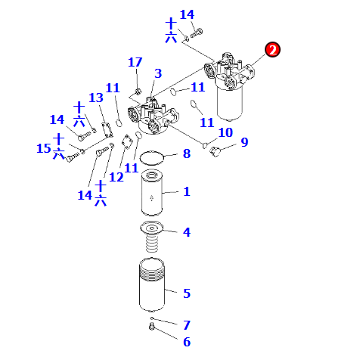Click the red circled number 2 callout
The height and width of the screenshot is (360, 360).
273,50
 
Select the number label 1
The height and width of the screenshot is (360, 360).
186,192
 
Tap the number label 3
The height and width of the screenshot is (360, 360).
158,73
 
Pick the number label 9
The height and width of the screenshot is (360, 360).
244,141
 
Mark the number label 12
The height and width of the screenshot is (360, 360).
116,177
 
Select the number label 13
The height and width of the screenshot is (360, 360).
96,98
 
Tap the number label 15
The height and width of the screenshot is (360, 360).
44,149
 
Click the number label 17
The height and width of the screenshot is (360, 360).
135,62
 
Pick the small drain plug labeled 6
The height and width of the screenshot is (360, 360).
151,327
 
